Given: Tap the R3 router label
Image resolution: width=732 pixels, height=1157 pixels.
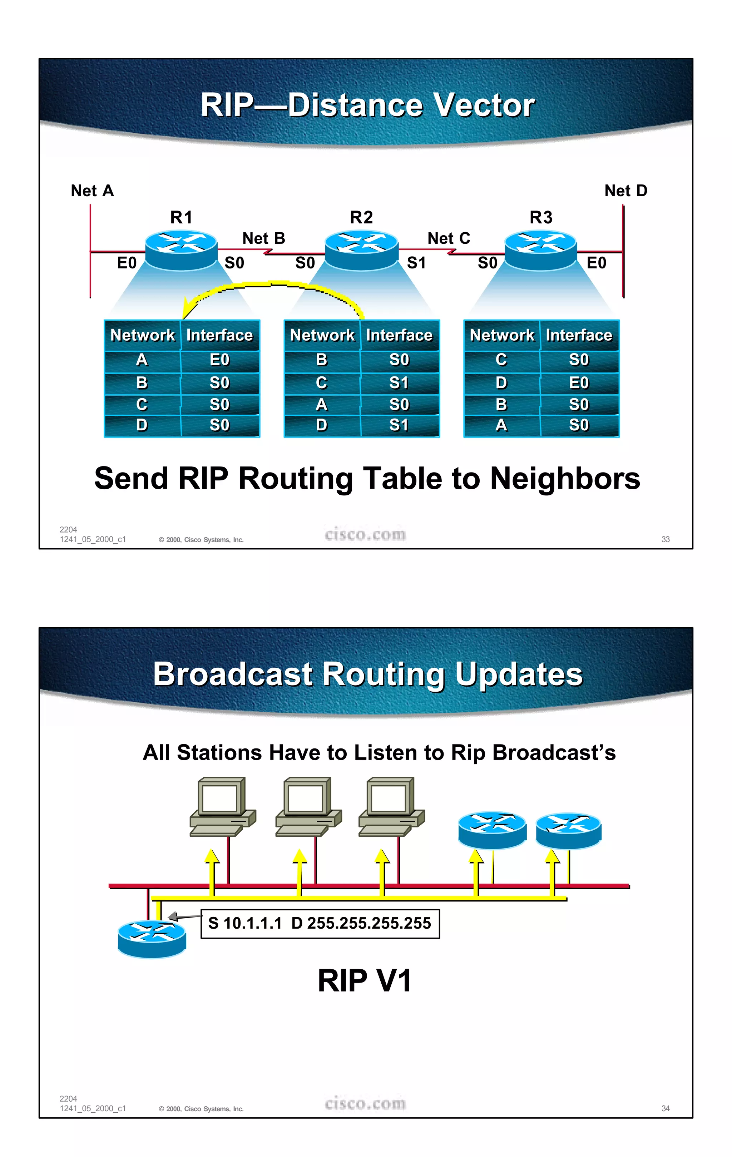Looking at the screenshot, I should point(541,218).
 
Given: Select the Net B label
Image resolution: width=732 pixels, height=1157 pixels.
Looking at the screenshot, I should point(264,238).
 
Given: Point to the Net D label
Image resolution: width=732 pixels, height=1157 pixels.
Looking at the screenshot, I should point(625,191).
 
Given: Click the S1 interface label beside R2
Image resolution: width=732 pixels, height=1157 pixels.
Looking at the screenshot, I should point(416,263).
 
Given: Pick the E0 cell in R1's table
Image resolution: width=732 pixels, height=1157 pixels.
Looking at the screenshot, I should point(219,360).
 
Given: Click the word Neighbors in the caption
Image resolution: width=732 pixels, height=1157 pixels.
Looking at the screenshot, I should point(565,479).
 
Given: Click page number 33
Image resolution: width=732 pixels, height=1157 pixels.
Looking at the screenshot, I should point(665,539).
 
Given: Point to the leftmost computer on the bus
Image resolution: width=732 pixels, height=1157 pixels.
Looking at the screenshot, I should point(222,807).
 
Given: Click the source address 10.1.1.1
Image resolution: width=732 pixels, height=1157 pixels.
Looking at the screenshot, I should point(252,923).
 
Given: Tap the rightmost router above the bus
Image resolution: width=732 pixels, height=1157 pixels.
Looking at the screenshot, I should point(568,830).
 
